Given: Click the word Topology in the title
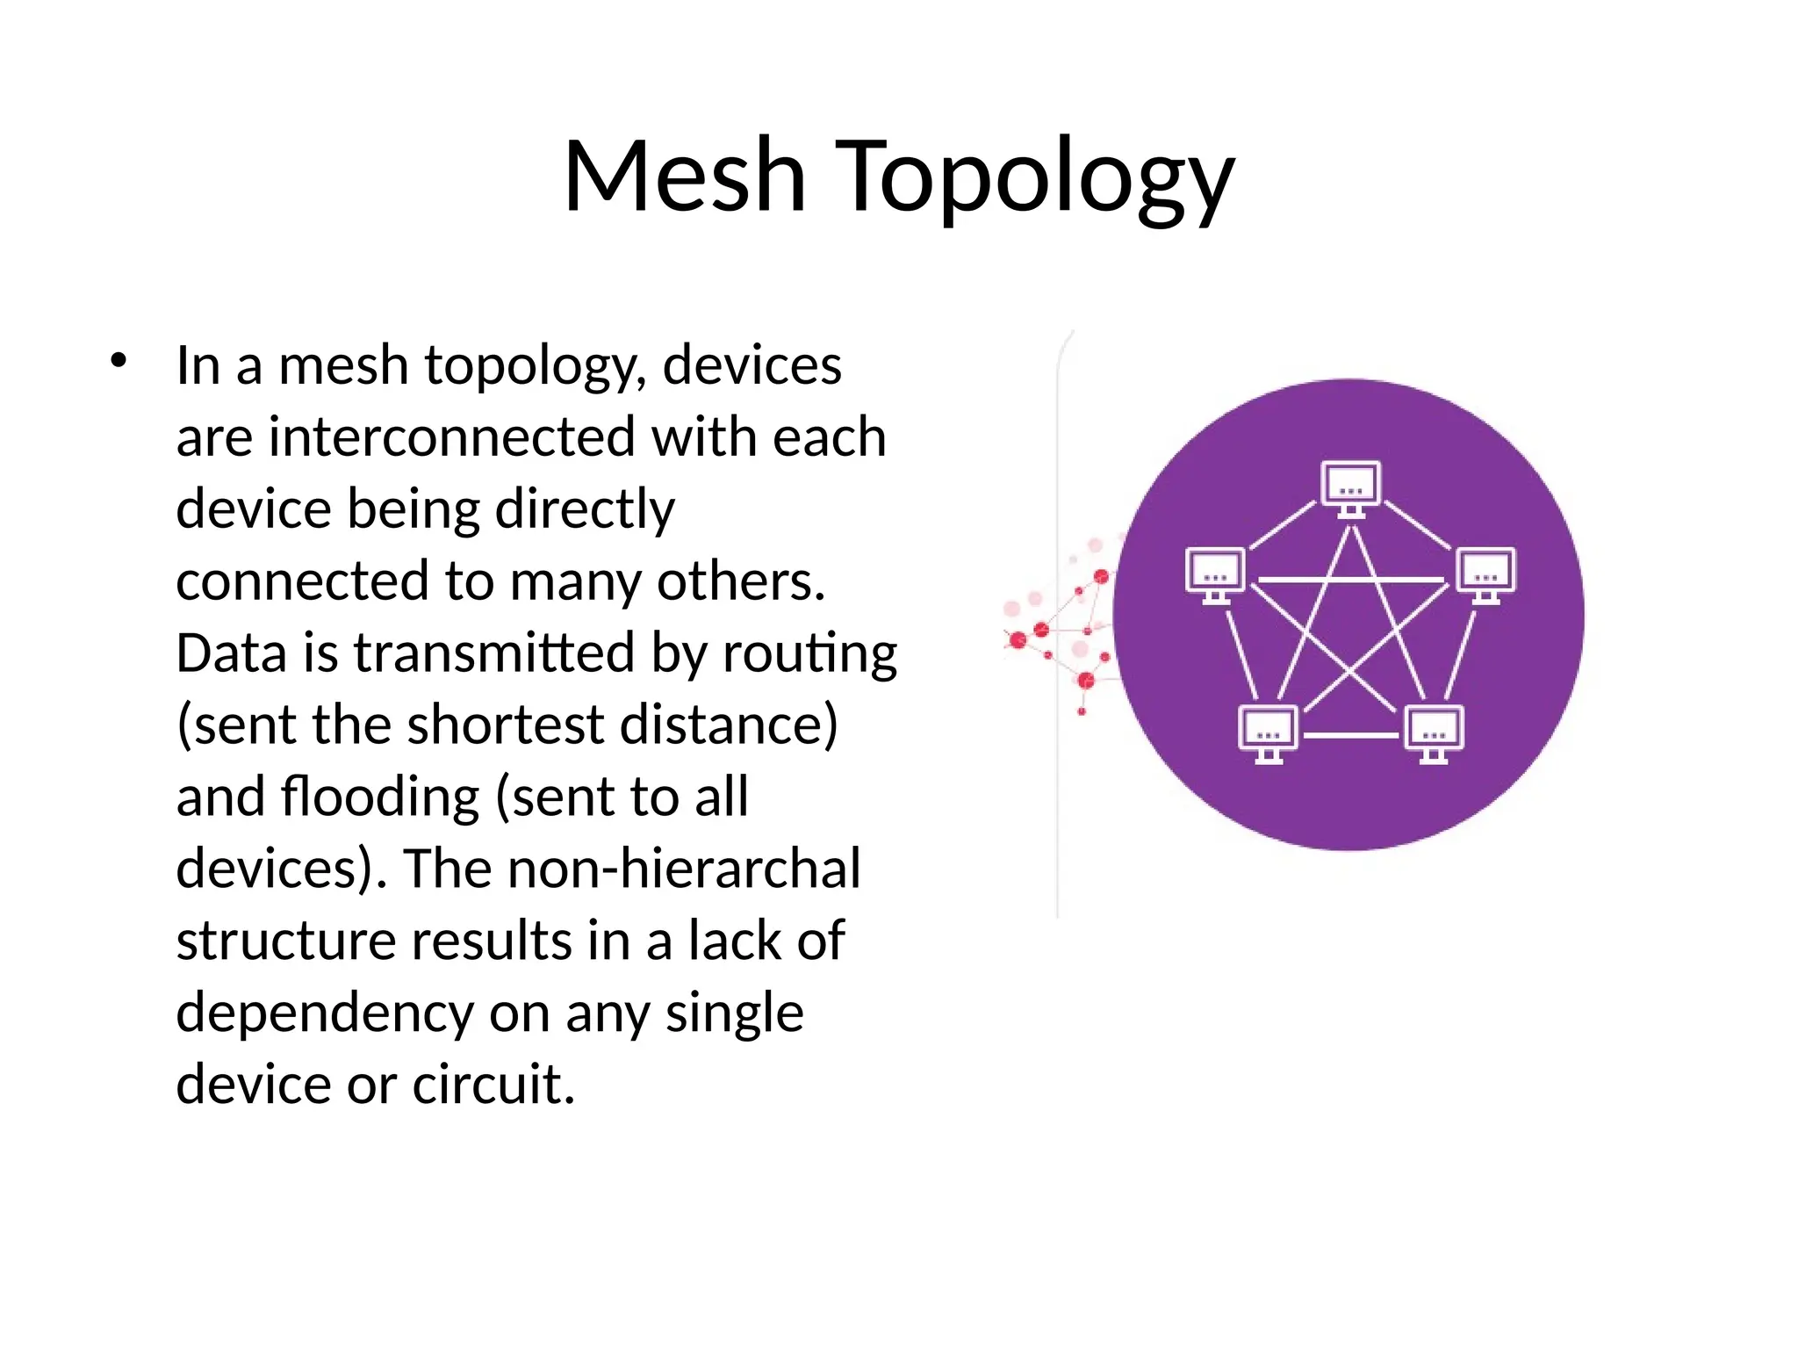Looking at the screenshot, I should click(x=1037, y=180).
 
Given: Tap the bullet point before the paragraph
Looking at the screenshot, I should click(x=119, y=360).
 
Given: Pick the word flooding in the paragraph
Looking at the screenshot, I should click(x=380, y=797).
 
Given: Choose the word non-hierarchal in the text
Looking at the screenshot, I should click(x=684, y=869).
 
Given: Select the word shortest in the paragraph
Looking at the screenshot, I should click(x=506, y=725).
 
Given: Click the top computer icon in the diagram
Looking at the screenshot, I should click(x=1351, y=487).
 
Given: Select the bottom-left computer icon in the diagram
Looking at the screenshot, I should click(x=1268, y=733).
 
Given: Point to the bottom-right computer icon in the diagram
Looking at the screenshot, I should click(x=1434, y=733).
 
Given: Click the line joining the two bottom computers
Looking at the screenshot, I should click(x=1350, y=734).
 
